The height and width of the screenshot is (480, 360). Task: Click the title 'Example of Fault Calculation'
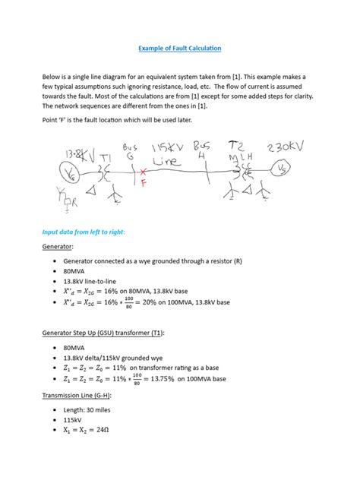pos(180,49)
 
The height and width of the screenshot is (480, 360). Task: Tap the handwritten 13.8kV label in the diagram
pos(74,154)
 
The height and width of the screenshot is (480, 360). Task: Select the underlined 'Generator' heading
pos(58,246)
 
